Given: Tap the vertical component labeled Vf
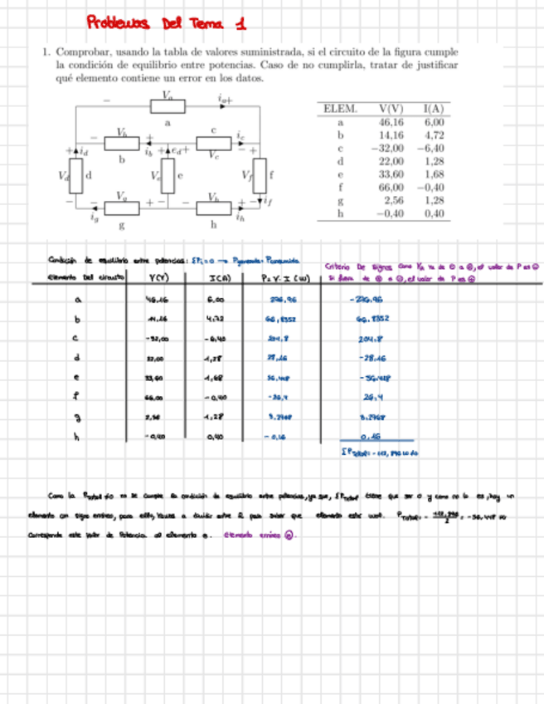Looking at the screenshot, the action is click(259, 175).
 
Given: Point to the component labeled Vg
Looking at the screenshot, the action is click(121, 206).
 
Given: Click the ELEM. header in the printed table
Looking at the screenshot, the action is click(338, 108).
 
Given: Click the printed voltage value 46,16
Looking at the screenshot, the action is click(388, 121).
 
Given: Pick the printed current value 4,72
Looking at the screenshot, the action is click(433, 134).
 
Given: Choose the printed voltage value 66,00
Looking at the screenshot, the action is click(388, 187).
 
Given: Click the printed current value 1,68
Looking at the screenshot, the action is click(433, 174).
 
